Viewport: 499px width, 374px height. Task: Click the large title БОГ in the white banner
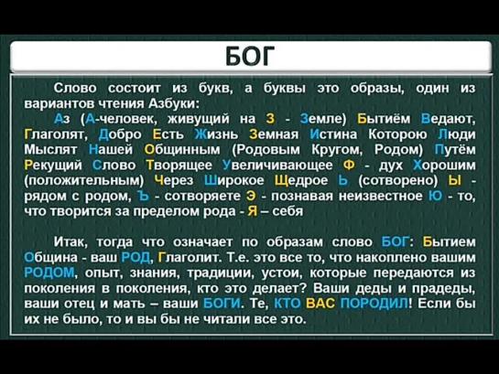(250, 57)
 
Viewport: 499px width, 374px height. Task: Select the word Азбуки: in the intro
(174, 103)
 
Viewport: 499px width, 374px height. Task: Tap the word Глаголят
(56, 134)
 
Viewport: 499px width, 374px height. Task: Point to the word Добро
(120, 134)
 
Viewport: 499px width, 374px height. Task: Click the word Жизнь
(216, 134)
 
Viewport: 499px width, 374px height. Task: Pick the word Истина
(333, 134)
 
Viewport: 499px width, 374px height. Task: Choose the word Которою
(397, 134)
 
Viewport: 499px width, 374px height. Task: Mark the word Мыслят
(50, 150)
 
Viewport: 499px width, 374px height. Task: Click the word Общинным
(182, 150)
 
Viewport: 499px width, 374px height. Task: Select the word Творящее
(179, 166)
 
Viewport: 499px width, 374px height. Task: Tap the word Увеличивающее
(277, 166)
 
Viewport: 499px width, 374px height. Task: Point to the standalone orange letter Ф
(349, 166)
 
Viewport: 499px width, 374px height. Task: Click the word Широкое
(233, 180)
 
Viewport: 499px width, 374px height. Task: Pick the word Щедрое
(301, 180)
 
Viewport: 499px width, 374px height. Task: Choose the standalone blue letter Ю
(435, 196)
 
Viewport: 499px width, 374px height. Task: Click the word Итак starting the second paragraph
(71, 242)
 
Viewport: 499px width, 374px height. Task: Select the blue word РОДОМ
(49, 272)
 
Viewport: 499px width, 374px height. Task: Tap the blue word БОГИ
(222, 304)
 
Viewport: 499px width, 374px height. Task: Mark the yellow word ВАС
(320, 304)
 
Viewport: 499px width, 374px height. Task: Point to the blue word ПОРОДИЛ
(374, 304)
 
